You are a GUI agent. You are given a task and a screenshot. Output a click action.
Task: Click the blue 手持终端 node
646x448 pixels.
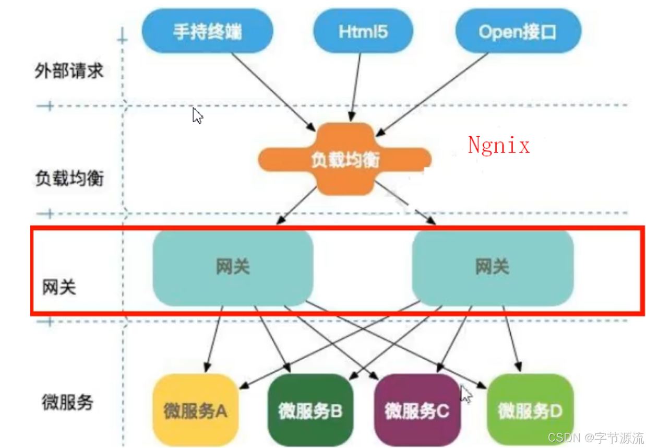[207, 32]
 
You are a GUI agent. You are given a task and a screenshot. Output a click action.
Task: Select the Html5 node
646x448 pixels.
[363, 32]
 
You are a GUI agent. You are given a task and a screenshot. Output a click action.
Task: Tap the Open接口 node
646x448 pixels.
[518, 32]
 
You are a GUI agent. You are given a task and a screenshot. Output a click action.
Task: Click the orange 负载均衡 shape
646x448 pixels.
[345, 159]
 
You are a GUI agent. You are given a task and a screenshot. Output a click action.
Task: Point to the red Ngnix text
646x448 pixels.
[498, 145]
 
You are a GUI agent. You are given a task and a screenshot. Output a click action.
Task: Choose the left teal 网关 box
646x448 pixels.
[233, 267]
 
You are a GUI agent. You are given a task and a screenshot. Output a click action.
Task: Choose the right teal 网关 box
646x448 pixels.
[492, 267]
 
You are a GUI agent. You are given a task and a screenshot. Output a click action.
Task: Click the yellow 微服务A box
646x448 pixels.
[195, 410]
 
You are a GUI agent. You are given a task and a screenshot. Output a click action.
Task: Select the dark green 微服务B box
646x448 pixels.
[310, 410]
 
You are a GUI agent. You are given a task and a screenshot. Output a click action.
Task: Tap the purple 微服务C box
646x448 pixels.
[417, 410]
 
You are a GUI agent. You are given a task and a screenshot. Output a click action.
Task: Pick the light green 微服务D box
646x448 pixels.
[530, 410]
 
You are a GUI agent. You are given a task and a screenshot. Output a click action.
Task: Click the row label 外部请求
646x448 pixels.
[69, 71]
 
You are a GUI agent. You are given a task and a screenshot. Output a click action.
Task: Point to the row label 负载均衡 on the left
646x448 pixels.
[69, 178]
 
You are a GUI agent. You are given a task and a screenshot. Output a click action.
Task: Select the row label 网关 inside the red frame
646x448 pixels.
[59, 287]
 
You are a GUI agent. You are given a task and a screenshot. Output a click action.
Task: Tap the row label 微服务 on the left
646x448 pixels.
[67, 402]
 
